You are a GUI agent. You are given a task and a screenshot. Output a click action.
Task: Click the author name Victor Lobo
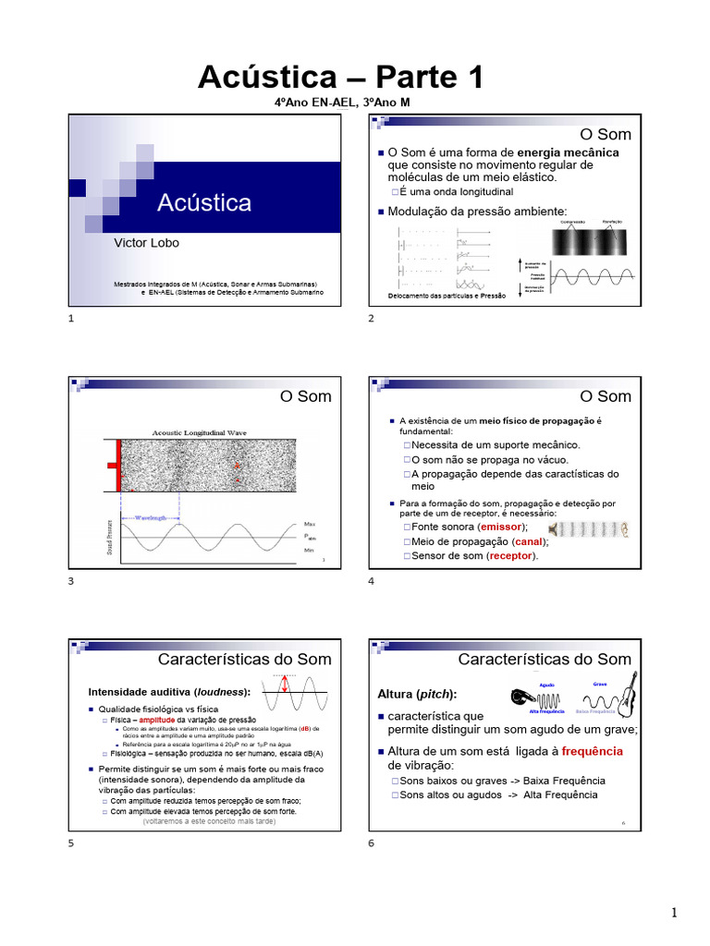pos(146,243)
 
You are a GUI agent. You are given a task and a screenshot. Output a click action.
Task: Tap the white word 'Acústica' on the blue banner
pos(203,202)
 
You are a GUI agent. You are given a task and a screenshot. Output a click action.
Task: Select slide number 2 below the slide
pos(371,319)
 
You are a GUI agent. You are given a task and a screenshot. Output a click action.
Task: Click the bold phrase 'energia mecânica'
pos(568,152)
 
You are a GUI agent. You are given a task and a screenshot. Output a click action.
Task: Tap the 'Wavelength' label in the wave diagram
pos(151,518)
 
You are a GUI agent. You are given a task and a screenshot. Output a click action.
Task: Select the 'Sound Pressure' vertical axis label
pos(111,539)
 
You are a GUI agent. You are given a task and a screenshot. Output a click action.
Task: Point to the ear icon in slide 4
pos(626,529)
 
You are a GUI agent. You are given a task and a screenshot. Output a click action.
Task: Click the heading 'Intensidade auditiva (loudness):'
pos(169,691)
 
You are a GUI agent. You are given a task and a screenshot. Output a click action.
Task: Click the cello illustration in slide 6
pos(628,695)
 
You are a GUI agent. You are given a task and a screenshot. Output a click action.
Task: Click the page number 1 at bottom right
pos(674,913)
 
